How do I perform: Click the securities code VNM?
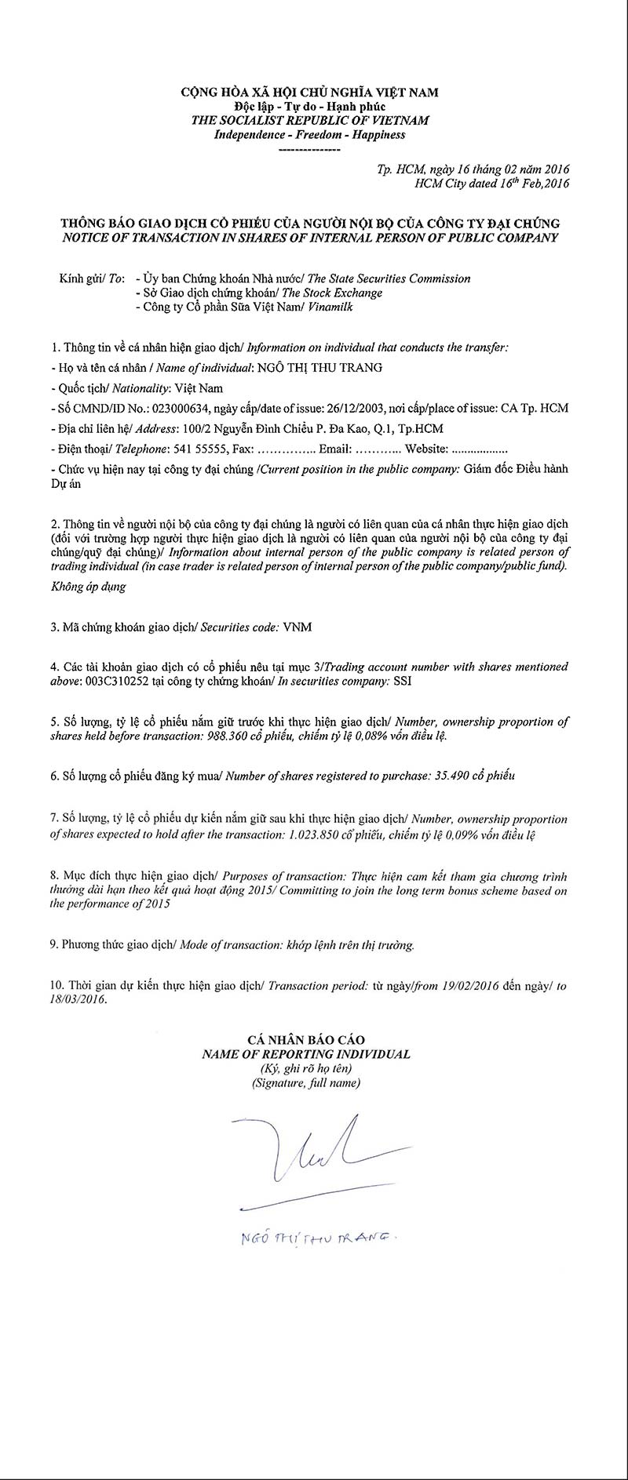click(x=298, y=627)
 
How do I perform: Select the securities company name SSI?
click(x=402, y=682)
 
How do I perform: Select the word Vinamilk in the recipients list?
click(x=330, y=307)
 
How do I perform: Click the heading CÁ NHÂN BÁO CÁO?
click(x=306, y=1041)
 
